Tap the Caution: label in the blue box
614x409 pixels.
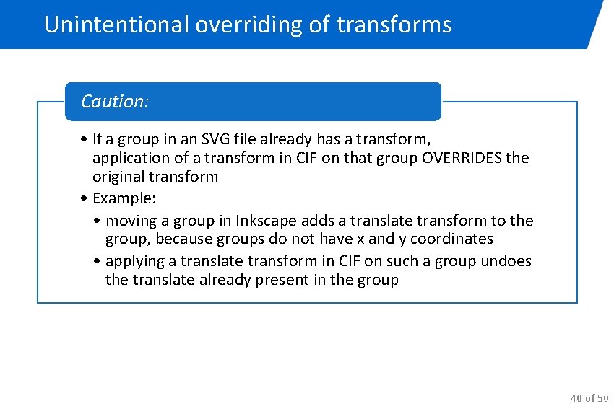[115, 102]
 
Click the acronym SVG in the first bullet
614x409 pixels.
[225, 138]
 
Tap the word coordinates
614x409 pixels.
[451, 239]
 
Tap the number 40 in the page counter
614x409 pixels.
[576, 397]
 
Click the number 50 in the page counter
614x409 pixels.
[602, 397]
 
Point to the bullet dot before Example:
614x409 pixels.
[85, 198]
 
